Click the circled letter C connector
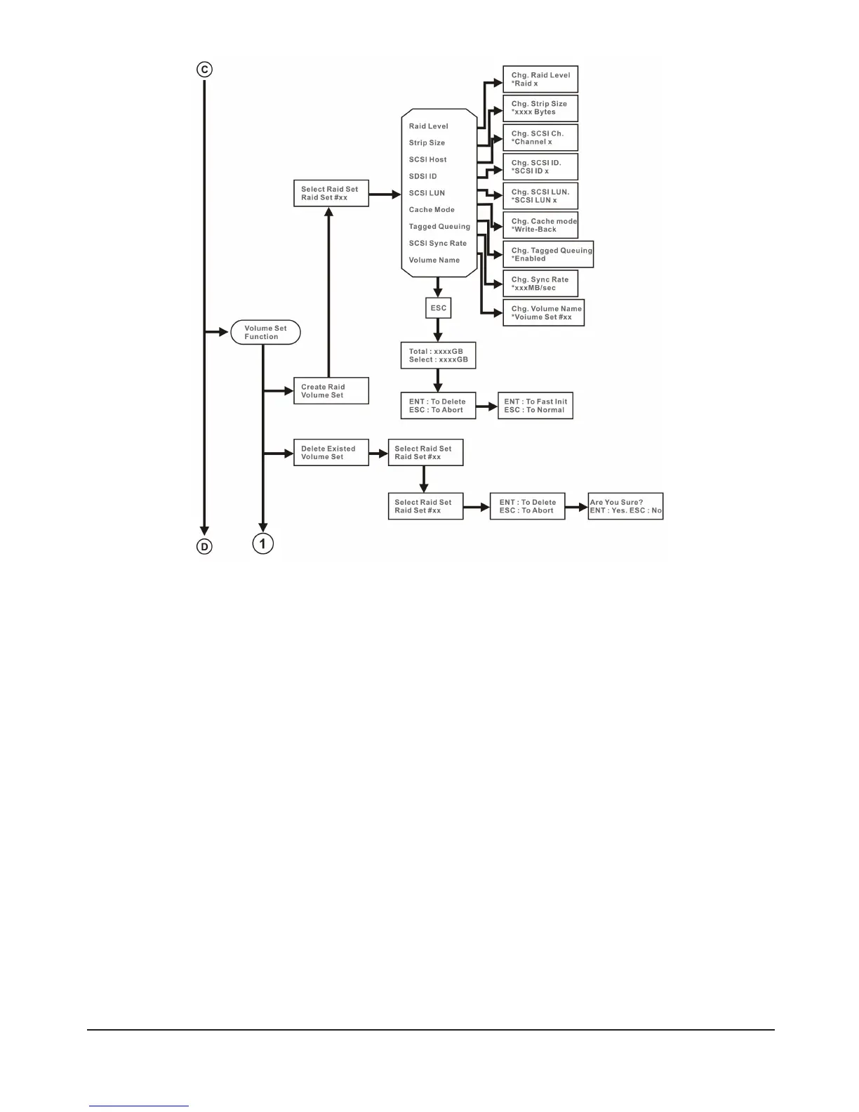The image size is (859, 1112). (x=204, y=69)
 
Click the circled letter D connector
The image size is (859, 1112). (x=204, y=546)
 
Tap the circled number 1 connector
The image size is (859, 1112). (x=263, y=543)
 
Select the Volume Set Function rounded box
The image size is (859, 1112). (x=265, y=333)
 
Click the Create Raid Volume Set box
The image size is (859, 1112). (x=331, y=391)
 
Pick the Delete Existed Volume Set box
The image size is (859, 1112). (x=331, y=453)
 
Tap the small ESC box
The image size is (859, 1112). (x=438, y=308)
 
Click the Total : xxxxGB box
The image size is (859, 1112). (x=438, y=355)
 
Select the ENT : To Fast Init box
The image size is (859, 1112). (x=535, y=406)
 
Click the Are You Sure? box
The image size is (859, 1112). (x=625, y=506)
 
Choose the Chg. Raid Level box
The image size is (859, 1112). (x=540, y=79)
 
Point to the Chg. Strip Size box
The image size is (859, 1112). (x=540, y=108)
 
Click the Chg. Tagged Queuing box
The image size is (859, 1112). (x=548, y=254)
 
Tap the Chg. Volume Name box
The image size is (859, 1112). (x=543, y=313)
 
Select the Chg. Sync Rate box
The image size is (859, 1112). (x=540, y=284)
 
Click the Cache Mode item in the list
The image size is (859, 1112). (x=432, y=210)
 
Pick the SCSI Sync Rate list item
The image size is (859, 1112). (x=437, y=244)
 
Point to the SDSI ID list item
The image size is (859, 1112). (x=422, y=176)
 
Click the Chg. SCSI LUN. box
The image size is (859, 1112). (x=540, y=196)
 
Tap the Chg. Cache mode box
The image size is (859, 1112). (x=540, y=225)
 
